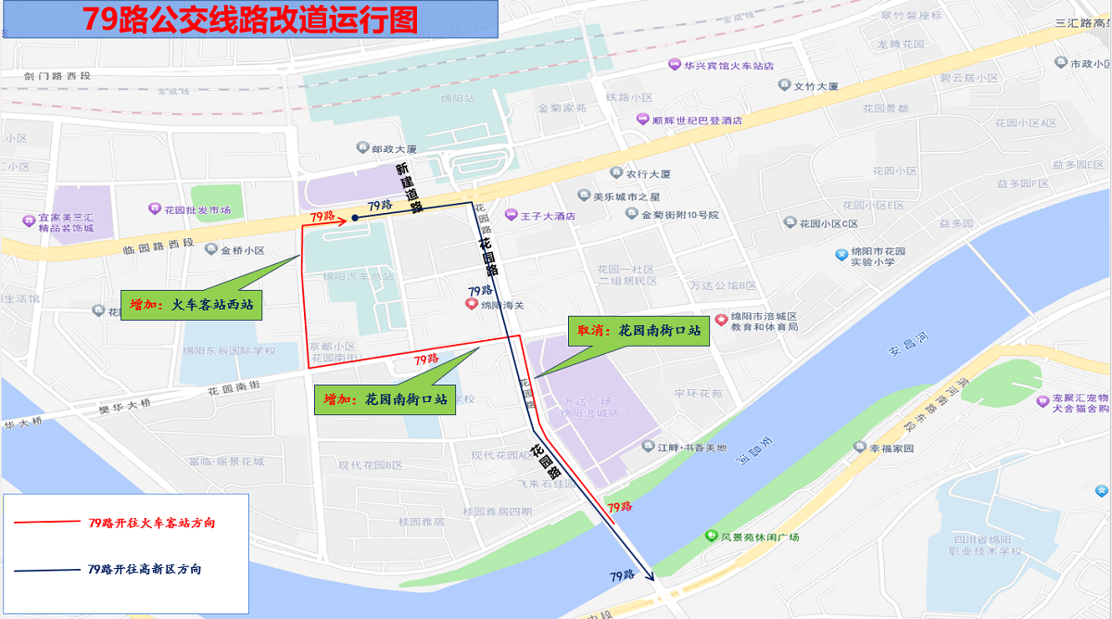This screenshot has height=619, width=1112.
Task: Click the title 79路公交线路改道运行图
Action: pyautogui.click(x=250, y=19)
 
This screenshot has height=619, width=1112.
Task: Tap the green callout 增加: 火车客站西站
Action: pyautogui.click(x=192, y=305)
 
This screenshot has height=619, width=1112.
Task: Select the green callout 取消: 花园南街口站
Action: pyautogui.click(x=638, y=331)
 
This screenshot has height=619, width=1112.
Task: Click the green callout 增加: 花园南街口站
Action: pyautogui.click(x=385, y=400)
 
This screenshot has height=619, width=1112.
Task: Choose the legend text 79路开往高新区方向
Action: pyautogui.click(x=144, y=569)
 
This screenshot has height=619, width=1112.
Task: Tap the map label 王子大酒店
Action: pyautogui.click(x=547, y=216)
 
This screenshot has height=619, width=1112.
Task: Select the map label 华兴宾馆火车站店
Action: pyautogui.click(x=727, y=66)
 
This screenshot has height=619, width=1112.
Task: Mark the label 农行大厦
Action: pyautogui.click(x=647, y=173)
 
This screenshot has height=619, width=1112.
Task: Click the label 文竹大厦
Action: pyautogui.click(x=815, y=86)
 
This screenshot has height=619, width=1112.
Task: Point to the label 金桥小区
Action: pyautogui.click(x=242, y=250)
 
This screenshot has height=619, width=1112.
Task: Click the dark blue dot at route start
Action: pyautogui.click(x=355, y=219)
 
